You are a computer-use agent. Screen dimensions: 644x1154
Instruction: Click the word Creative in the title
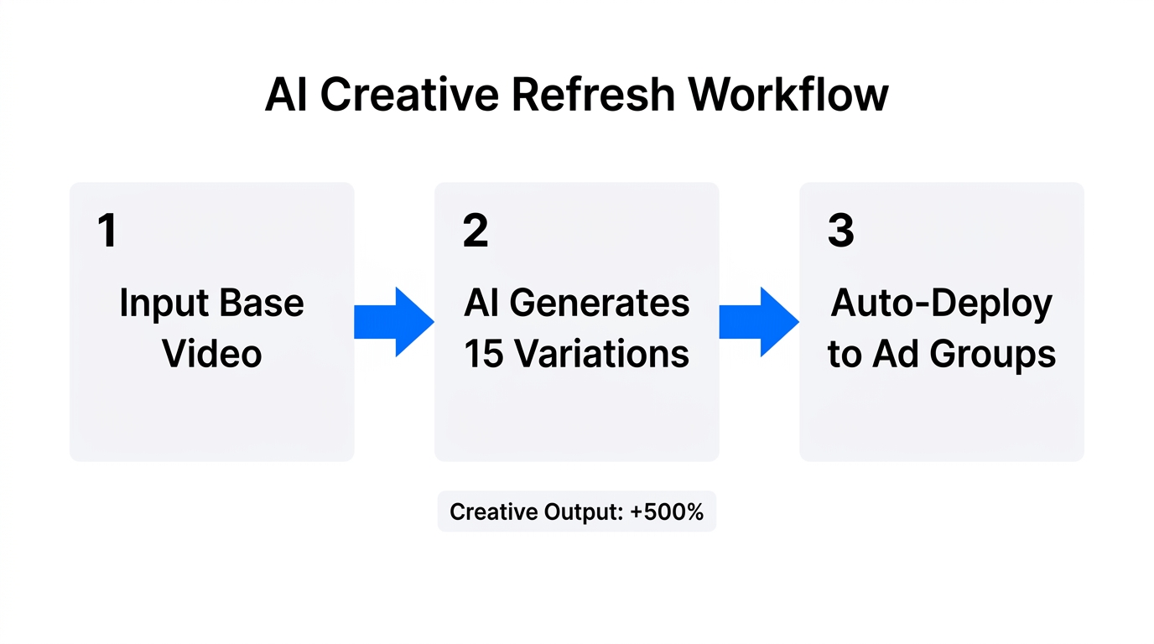[x=411, y=94]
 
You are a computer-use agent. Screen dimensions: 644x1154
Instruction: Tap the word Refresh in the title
[x=594, y=94]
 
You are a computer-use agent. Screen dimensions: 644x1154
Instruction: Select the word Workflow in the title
[x=788, y=94]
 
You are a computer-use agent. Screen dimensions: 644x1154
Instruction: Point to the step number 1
[x=107, y=231]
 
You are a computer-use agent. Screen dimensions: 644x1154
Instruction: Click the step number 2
[x=475, y=231]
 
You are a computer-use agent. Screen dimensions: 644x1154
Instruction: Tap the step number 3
[x=840, y=231]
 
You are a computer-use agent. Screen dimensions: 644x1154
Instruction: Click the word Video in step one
[x=212, y=354]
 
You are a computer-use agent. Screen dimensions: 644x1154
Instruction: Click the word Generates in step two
[x=600, y=304]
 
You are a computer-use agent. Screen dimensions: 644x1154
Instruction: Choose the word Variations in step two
[x=601, y=354]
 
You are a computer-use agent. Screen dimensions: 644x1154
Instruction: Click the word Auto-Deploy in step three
[x=941, y=304]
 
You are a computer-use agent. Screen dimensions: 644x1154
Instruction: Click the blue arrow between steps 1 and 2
[x=393, y=322]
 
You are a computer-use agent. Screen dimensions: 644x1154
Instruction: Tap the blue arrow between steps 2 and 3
[x=758, y=322]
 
